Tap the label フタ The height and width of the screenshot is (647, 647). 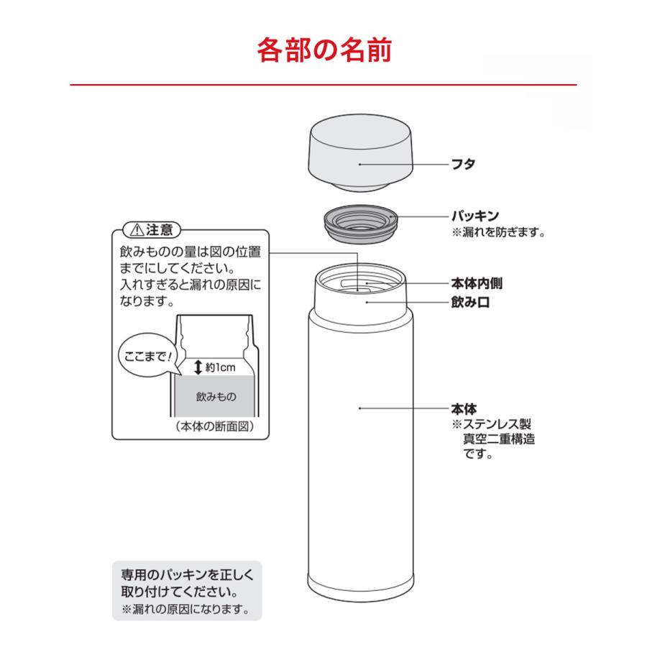(x=464, y=164)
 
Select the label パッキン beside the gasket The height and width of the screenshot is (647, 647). (x=475, y=216)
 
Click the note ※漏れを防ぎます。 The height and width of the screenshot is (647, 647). (x=498, y=232)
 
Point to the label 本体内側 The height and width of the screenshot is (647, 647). (x=476, y=284)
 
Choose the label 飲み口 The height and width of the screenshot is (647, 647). (x=470, y=303)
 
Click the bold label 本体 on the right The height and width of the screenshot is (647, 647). (x=464, y=408)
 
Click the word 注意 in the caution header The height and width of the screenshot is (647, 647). (x=159, y=231)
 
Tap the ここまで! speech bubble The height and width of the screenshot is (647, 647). (x=146, y=355)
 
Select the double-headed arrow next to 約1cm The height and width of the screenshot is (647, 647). (x=198, y=367)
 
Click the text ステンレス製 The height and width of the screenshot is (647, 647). (x=497, y=423)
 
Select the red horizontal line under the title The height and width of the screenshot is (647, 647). (x=323, y=86)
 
